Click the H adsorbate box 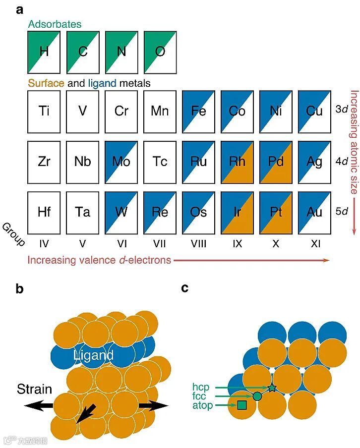click(44, 52)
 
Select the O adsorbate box click(160, 52)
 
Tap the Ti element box click(44, 111)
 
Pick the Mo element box click(121, 162)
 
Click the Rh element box click(237, 162)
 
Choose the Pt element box click(276, 213)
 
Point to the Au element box click(314, 213)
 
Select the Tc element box click(160, 162)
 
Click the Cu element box click(314, 111)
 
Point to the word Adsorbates click(55, 24)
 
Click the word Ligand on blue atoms click(93, 355)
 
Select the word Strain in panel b click(34, 389)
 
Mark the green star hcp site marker click(272, 388)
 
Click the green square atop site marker click(242, 405)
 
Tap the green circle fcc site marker click(257, 396)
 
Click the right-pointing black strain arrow click(153, 405)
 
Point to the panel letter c click(185, 288)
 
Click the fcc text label click(199, 396)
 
